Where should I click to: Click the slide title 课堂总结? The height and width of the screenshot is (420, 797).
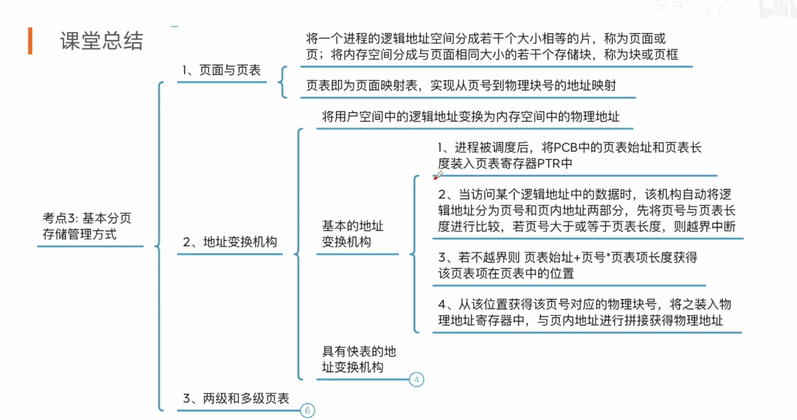(x=102, y=40)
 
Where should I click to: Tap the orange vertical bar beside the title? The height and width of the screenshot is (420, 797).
(x=30, y=41)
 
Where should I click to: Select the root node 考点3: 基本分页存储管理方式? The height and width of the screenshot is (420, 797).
(x=87, y=227)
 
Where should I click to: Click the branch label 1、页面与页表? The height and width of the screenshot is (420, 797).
(x=221, y=70)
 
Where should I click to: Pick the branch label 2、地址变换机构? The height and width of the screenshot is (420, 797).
(x=229, y=242)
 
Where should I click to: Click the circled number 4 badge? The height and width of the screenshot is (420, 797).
(x=417, y=379)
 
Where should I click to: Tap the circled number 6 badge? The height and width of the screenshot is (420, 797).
(x=307, y=410)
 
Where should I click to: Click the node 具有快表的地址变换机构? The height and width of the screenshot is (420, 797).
(x=359, y=359)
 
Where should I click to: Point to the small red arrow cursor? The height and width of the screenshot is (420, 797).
(x=438, y=175)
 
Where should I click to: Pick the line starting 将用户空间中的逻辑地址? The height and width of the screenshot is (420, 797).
(x=470, y=116)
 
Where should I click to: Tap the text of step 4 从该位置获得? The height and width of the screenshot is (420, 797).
(x=585, y=312)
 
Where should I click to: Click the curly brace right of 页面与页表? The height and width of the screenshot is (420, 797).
(x=282, y=82)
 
